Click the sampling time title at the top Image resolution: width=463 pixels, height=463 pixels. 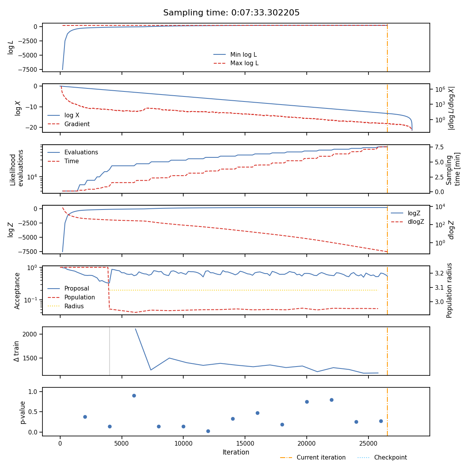coord(231,13)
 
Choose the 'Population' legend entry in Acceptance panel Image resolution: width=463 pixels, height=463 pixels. coord(79,297)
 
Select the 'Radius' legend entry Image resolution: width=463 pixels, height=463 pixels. coord(74,306)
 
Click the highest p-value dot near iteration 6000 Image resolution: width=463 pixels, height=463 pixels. coord(134,395)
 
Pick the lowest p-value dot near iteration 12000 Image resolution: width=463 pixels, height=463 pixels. coord(208,431)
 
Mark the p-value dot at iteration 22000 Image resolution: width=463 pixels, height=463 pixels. coord(331,400)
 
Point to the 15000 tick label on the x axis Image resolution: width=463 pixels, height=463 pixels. coord(245,444)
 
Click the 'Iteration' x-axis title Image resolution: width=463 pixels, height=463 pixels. coord(236,452)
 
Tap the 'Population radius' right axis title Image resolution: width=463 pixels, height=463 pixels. coord(449,290)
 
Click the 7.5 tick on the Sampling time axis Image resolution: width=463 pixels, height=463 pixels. coord(438,147)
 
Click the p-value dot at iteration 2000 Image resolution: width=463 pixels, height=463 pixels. coord(85,417)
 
